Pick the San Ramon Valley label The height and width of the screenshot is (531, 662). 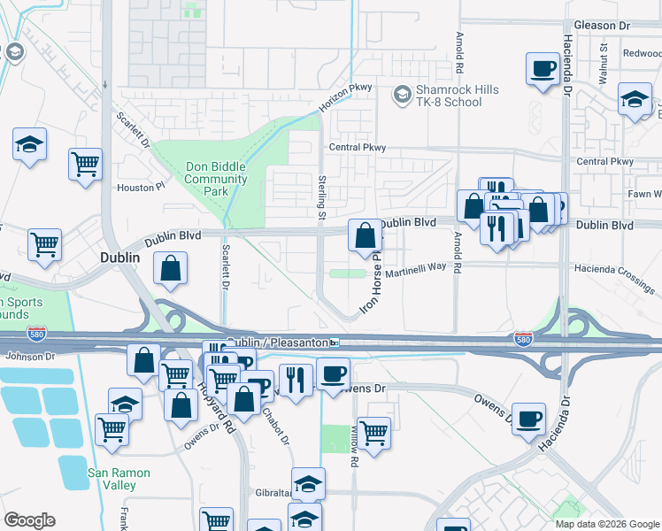click(x=118, y=479)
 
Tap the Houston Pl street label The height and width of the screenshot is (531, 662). click(x=142, y=188)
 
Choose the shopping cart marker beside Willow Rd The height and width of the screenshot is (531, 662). click(x=374, y=433)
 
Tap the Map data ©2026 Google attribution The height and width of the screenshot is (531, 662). click(x=607, y=524)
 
